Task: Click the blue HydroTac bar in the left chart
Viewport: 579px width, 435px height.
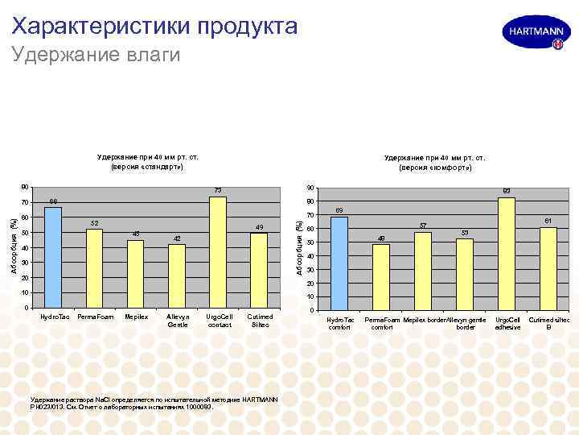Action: click(53, 258)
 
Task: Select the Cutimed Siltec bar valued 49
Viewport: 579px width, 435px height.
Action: click(259, 271)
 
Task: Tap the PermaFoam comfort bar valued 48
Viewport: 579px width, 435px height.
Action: click(381, 277)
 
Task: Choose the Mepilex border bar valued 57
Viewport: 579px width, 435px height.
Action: click(423, 271)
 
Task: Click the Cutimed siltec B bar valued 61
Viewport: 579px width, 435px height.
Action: click(548, 269)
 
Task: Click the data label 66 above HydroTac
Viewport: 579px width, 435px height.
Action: click(53, 201)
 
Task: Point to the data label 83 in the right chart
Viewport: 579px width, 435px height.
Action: click(507, 191)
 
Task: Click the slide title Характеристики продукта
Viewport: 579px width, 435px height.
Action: click(155, 27)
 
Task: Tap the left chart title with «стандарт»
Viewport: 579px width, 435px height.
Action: click(147, 161)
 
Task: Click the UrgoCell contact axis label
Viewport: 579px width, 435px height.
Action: click(218, 321)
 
